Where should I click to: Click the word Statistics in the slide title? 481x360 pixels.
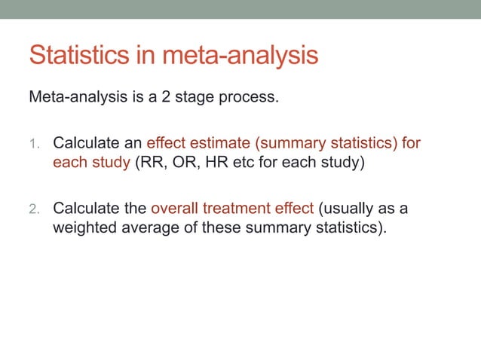(x=81, y=56)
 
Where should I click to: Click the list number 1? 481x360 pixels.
(x=35, y=143)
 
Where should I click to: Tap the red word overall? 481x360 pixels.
(x=179, y=208)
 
